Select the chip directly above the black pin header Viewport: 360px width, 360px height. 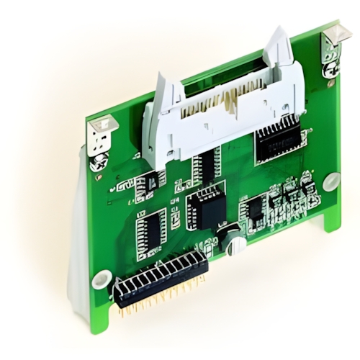click(152, 231)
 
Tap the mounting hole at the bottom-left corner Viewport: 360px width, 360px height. click(101, 279)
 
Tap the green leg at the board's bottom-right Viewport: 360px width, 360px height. click(332, 216)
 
